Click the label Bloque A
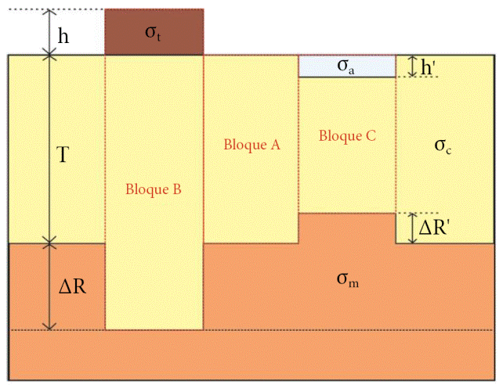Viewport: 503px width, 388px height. (x=251, y=145)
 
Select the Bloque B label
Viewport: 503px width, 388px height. (x=154, y=189)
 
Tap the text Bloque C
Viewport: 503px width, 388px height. (x=348, y=135)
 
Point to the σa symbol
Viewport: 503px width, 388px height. (x=346, y=66)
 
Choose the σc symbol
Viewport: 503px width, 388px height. (x=443, y=145)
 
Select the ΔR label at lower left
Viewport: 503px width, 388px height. (x=72, y=286)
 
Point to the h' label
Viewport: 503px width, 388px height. (x=429, y=67)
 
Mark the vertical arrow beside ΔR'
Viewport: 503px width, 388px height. (x=413, y=228)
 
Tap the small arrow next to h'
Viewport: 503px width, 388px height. (x=413, y=66)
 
